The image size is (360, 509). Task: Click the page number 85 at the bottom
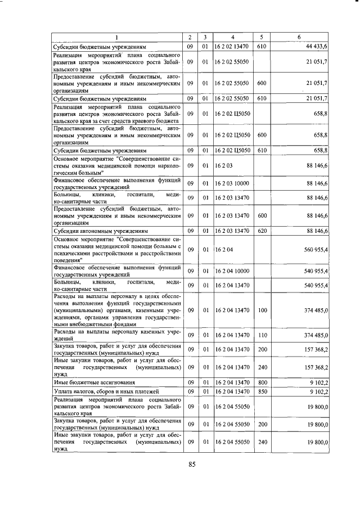coord(192,464)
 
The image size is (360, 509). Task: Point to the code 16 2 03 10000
coord(231,183)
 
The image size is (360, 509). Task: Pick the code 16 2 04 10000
coord(231,271)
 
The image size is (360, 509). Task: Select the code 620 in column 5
coord(261,231)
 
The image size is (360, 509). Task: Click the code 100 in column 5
coord(261,310)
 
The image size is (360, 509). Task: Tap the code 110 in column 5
coord(261,335)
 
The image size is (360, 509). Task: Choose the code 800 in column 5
coord(261,382)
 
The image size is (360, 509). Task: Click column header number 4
coord(231,37)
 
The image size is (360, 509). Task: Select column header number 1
coord(117,37)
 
